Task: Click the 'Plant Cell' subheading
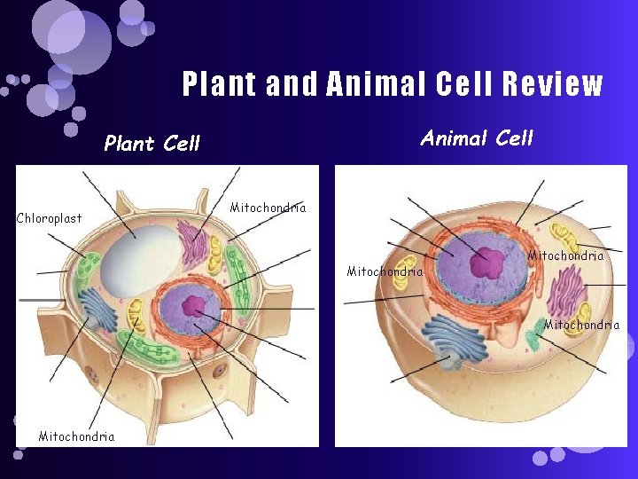(152, 143)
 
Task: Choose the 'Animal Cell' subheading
(477, 137)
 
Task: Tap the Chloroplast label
(50, 218)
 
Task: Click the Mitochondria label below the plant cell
(76, 436)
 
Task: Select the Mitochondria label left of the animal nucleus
(385, 271)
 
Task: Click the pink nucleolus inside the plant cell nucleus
(193, 306)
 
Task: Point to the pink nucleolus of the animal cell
(486, 263)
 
